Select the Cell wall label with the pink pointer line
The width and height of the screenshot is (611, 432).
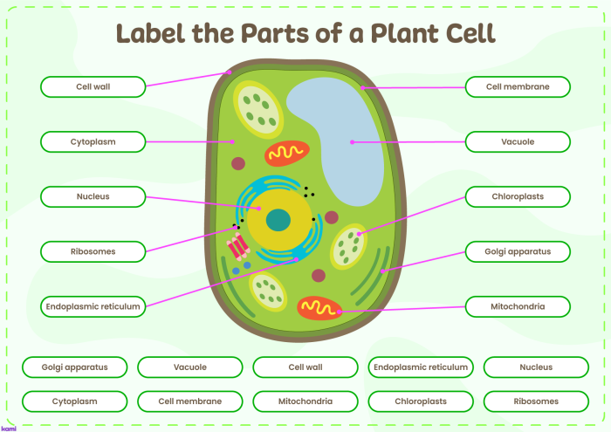93,86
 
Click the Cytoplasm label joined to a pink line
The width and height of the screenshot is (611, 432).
93,141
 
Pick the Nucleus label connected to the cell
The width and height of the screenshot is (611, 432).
93,196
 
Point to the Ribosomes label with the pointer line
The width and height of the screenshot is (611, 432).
93,251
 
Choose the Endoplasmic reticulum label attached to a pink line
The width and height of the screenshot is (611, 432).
93,306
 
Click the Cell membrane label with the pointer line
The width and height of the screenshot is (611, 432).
518,86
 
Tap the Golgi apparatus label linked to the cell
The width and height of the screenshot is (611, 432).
518,251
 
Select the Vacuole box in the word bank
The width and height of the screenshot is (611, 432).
189,367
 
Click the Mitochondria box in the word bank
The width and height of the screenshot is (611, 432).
305,401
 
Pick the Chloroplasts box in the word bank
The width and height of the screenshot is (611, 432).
421,401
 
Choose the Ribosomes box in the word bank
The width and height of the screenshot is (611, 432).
535,401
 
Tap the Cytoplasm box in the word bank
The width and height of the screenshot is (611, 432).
74,401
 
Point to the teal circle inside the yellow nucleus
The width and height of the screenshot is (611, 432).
278,220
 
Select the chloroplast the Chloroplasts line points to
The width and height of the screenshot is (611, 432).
349,247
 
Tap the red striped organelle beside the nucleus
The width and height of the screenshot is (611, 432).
237,247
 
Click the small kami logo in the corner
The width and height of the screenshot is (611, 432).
9,428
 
